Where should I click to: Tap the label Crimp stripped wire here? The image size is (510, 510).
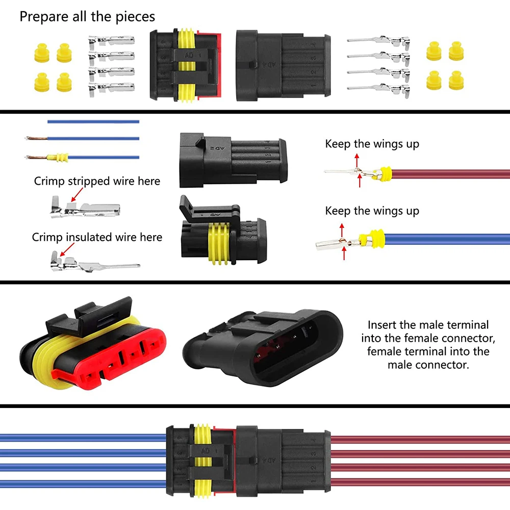coord(97,181)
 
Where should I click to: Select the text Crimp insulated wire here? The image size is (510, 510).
coord(97,237)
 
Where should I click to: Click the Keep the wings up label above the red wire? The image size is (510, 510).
coord(372,144)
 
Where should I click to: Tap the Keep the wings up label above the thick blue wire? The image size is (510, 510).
coord(372,211)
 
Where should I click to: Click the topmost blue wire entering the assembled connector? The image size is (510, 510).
coord(82,437)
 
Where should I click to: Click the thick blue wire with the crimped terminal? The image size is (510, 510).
coord(444,238)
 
